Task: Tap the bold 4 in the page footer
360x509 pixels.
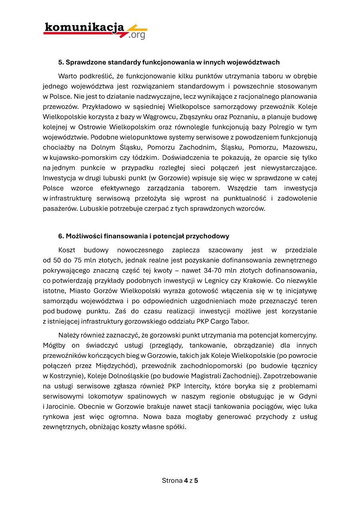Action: coord(186,480)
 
